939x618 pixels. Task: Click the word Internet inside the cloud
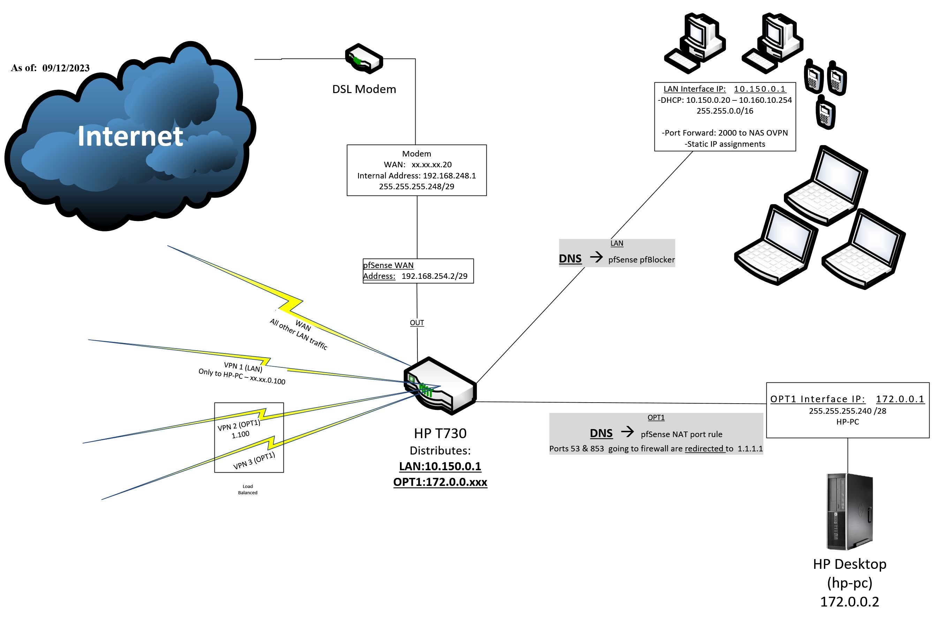click(x=130, y=136)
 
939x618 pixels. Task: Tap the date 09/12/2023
click(x=66, y=68)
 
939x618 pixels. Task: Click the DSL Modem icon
click(x=364, y=59)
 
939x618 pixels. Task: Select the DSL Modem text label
click(x=364, y=89)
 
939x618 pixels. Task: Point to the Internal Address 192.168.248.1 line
click(x=416, y=176)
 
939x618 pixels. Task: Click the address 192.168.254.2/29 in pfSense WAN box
click(x=434, y=276)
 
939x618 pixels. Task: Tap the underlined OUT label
click(x=417, y=323)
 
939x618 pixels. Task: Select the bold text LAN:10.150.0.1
click(x=440, y=466)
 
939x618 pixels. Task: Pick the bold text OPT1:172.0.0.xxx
click(x=440, y=482)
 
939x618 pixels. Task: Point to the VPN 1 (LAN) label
click(x=243, y=367)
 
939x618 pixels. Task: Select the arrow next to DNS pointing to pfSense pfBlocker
click(x=596, y=258)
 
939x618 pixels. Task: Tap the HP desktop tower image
click(x=849, y=512)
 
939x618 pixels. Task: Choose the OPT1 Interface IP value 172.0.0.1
click(x=900, y=399)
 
